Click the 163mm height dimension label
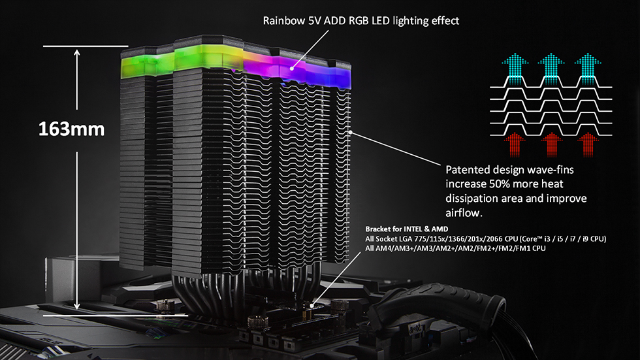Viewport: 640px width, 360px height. pos(71,129)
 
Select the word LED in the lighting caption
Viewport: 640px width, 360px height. pos(380,21)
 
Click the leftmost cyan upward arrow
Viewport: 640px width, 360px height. pos(515,69)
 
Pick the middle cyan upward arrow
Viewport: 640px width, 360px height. pos(551,69)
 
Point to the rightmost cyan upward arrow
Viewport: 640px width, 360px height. pos(588,69)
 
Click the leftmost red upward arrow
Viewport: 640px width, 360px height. pos(515,145)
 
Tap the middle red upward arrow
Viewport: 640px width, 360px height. pos(551,145)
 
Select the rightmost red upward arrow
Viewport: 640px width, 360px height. pos(588,145)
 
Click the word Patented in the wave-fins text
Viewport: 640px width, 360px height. pos(468,170)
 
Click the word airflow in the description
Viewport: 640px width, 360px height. pos(462,212)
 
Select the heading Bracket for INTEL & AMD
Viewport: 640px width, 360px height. pos(406,229)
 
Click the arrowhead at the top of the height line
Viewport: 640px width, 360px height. pos(77,53)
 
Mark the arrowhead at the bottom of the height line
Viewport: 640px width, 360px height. pos(77,306)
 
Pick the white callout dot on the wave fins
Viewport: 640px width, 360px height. pos(351,133)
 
